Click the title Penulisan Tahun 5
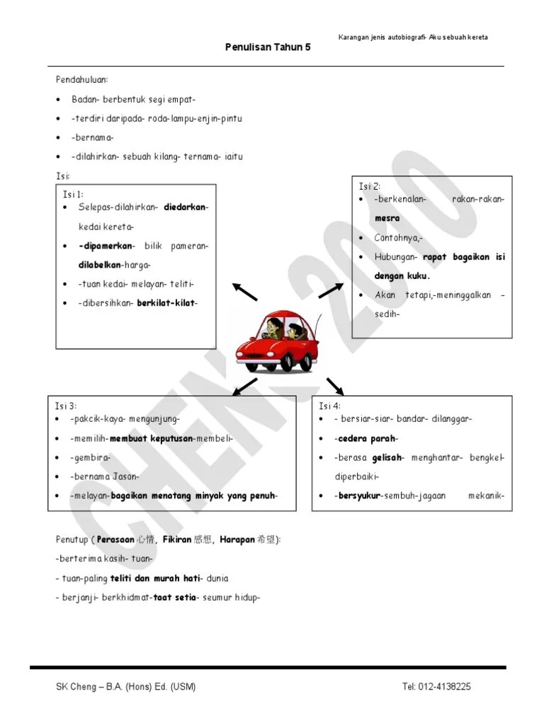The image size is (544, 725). [268, 47]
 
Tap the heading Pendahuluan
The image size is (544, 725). [82, 81]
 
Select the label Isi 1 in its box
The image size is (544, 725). [73, 193]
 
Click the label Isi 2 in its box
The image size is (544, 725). [370, 185]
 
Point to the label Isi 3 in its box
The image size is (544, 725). [67, 406]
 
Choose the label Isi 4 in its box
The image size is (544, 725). [330, 406]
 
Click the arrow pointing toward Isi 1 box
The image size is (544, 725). [245, 290]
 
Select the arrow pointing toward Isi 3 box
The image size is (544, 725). [244, 386]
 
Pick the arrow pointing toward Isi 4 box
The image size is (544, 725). [334, 386]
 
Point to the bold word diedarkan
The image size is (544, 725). [186, 207]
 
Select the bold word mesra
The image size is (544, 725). [387, 218]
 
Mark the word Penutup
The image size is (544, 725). [72, 540]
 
